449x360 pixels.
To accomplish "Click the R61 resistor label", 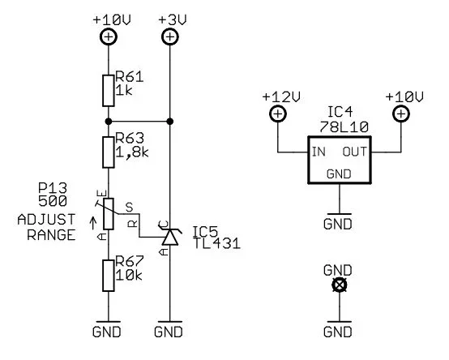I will click(x=130, y=77).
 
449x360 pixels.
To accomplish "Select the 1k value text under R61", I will click(x=125, y=92).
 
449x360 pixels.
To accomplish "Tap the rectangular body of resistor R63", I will click(x=108, y=151).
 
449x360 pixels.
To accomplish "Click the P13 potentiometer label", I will click(x=51, y=187).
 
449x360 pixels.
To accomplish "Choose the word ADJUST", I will click(x=46, y=219).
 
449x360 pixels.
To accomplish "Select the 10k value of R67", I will click(x=128, y=276).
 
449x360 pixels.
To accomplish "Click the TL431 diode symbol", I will click(x=169, y=237).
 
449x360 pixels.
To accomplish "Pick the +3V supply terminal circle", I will click(x=169, y=36).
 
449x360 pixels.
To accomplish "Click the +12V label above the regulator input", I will click(x=277, y=96).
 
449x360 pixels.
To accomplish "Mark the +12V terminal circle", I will click(x=277, y=114).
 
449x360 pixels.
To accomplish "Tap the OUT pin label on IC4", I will click(x=355, y=152).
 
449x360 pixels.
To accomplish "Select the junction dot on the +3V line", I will click(x=169, y=122).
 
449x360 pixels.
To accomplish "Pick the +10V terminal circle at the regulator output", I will click(x=400, y=114).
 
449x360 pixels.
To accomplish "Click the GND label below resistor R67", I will click(x=107, y=332).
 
